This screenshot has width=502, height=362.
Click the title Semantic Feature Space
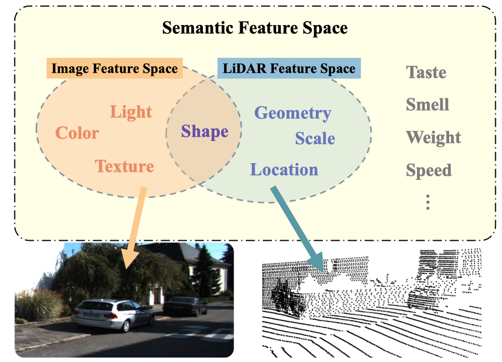255,28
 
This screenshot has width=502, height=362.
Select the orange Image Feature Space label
115,69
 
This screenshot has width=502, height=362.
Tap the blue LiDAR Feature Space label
289,69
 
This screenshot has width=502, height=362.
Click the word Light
131,112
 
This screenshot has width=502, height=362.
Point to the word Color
77,133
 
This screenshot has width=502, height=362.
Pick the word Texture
125,166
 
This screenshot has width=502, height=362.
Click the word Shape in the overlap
205,132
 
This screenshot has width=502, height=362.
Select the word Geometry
292,113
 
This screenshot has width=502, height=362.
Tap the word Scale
315,138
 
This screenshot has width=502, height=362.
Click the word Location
284,170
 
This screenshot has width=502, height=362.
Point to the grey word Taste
426,72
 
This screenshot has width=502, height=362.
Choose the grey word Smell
428,105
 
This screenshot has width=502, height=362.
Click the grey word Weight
434,137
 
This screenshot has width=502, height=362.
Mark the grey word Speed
429,170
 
